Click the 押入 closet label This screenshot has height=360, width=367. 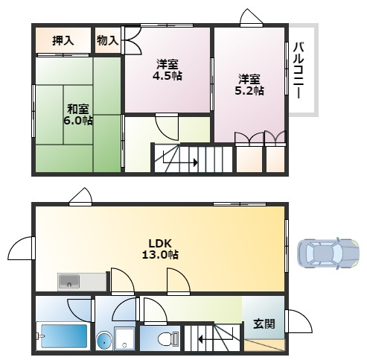click(x=63, y=40)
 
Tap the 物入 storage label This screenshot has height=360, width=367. click(x=107, y=40)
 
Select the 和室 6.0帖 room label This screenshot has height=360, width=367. click(x=78, y=115)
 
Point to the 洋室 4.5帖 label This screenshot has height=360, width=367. click(x=167, y=70)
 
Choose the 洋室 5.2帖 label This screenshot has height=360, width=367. click(x=249, y=85)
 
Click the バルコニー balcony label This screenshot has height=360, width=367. click(x=298, y=70)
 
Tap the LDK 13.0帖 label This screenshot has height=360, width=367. click(x=160, y=249)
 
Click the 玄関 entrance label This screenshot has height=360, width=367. click(x=264, y=324)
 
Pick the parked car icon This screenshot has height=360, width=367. click(x=328, y=253)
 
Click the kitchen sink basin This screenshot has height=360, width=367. click(x=69, y=282)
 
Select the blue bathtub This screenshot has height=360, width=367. click(x=64, y=336)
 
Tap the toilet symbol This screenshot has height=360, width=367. click(x=168, y=338)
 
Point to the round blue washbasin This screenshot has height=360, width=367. click(x=104, y=341)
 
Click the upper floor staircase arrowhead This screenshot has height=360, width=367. click(x=196, y=162)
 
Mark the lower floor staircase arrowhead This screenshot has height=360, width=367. click(x=200, y=338)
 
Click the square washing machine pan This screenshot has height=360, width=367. click(x=124, y=338)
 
